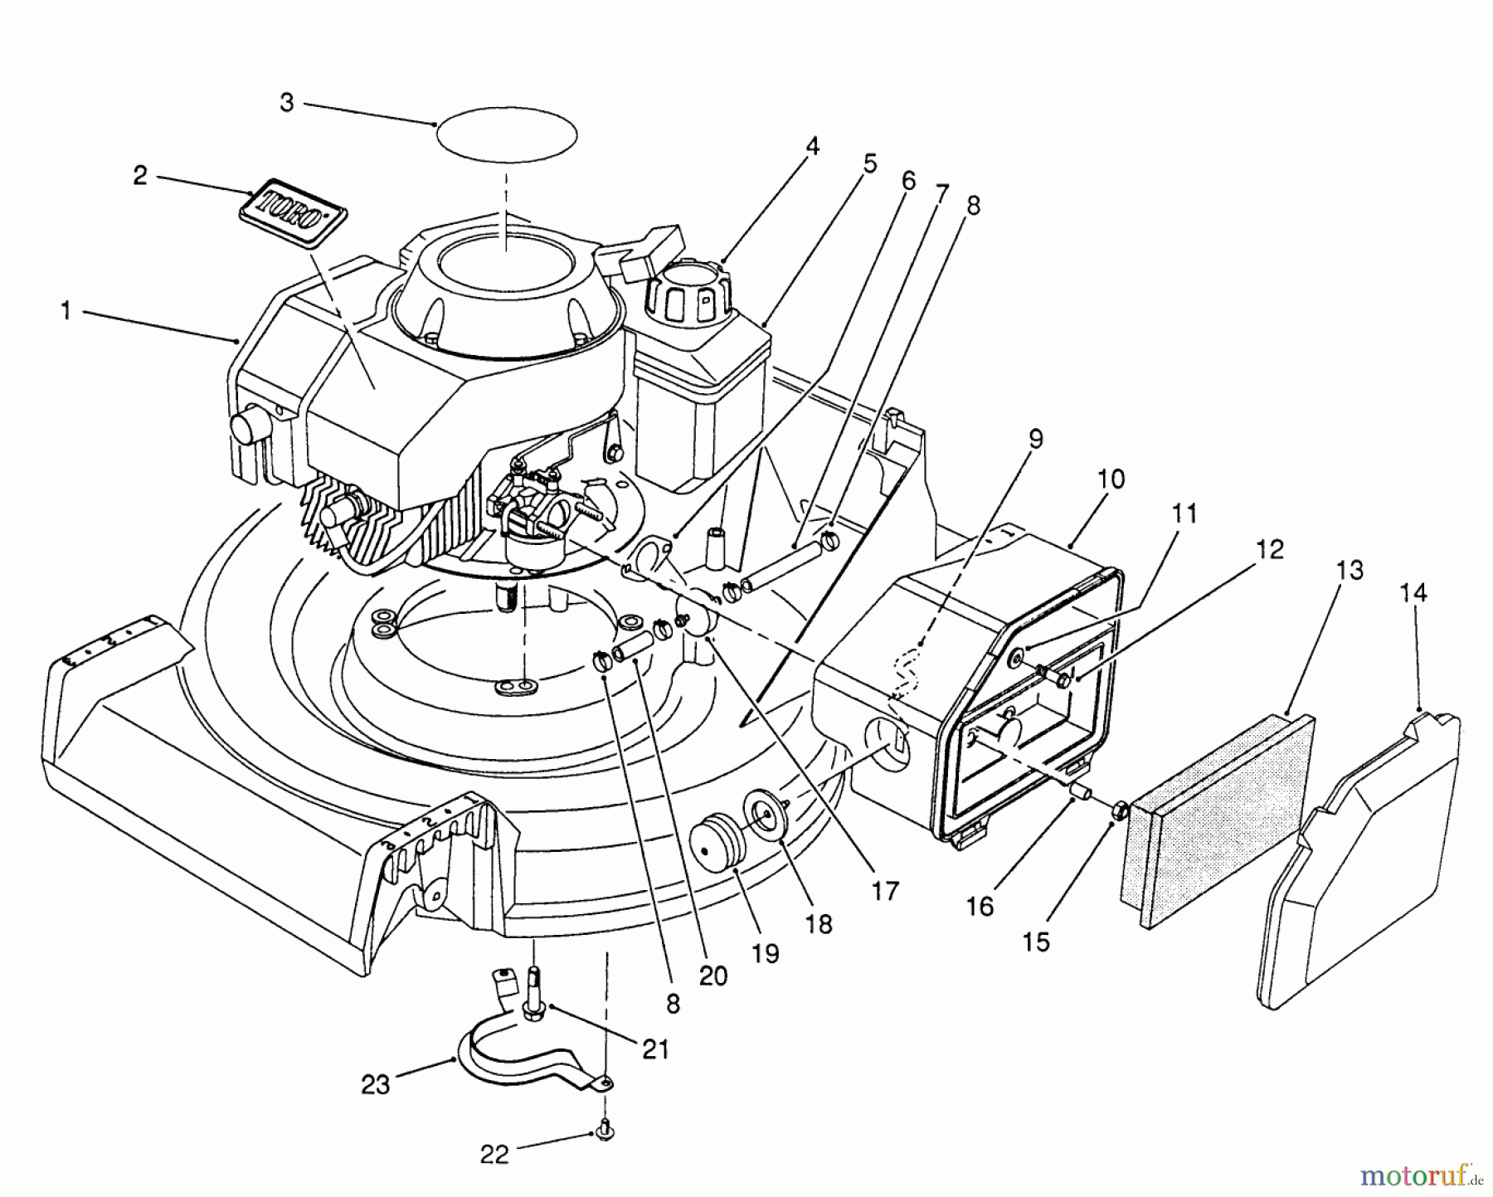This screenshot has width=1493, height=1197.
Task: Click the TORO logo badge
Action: point(293,212)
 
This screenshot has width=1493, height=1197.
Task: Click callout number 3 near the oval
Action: point(286,104)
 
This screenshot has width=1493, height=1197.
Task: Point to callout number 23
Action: point(375,1085)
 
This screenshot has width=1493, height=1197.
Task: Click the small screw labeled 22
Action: point(604,1127)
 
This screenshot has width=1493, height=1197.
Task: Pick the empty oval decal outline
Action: point(506,134)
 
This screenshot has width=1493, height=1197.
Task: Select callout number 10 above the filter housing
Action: point(1111,479)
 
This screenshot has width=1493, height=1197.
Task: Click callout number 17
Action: point(885,892)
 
